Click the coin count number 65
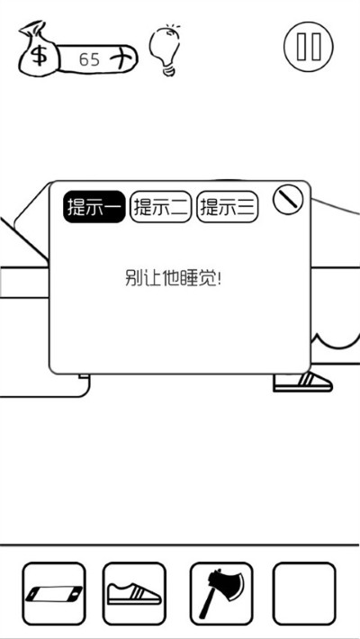(x=89, y=59)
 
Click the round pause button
(x=308, y=46)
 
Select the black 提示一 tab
(x=94, y=207)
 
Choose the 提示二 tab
(x=160, y=207)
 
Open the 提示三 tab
(x=228, y=207)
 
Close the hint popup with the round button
(x=288, y=200)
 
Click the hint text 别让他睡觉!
(x=173, y=278)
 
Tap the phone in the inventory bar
(x=54, y=594)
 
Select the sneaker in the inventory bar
(x=134, y=594)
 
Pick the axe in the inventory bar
(x=221, y=593)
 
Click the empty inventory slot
(x=304, y=593)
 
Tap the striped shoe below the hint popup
(x=302, y=382)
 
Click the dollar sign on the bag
(x=39, y=56)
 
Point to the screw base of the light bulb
(x=168, y=72)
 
